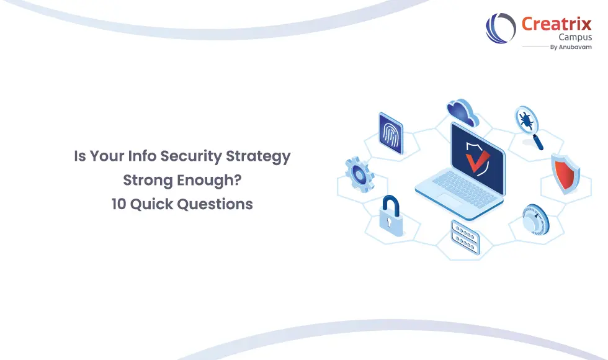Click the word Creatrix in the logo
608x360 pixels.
coord(557,24)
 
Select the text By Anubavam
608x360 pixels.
coord(571,47)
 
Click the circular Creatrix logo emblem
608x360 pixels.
coord(501,29)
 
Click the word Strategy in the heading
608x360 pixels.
coord(262,156)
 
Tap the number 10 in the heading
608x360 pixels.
coord(120,204)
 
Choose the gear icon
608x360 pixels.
coord(359,174)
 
